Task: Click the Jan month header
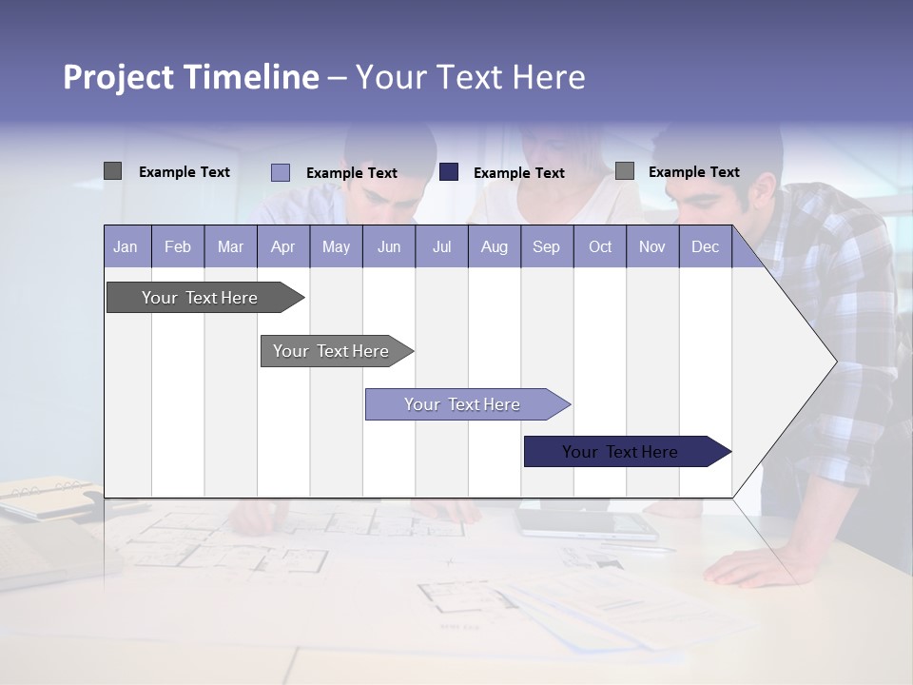click(x=126, y=246)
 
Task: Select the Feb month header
click(x=178, y=246)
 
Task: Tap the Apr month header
click(x=282, y=246)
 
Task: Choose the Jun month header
click(x=388, y=246)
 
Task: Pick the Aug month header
click(x=494, y=246)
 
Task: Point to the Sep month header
click(x=546, y=246)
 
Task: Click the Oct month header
click(x=599, y=246)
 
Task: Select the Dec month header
click(x=705, y=246)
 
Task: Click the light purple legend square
click(x=280, y=172)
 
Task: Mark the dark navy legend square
click(x=449, y=172)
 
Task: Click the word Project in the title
click(x=119, y=77)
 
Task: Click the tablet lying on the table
click(x=586, y=522)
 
